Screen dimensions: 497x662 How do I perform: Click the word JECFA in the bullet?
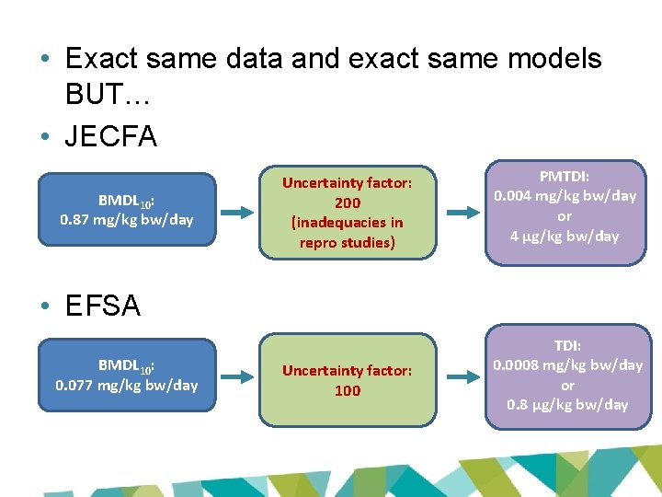[111, 136]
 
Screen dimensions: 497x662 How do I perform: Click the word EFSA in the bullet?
[103, 306]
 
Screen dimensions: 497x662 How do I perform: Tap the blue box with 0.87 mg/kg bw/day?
[126, 211]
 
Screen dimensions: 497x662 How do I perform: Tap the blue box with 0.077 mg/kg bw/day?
[126, 376]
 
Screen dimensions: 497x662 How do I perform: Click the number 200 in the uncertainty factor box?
[347, 202]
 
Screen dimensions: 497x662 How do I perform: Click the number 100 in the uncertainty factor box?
[347, 390]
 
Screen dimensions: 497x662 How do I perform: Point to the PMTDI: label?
[565, 176]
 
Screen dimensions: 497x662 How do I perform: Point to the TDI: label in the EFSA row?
[567, 346]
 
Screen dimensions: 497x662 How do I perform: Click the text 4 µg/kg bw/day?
[565, 236]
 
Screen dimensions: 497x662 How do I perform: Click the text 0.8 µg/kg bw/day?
[567, 405]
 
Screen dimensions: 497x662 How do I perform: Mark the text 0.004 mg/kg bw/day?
[565, 195]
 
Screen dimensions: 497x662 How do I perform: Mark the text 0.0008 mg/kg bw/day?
[567, 365]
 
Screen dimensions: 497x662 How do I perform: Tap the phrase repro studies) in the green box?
[347, 243]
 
